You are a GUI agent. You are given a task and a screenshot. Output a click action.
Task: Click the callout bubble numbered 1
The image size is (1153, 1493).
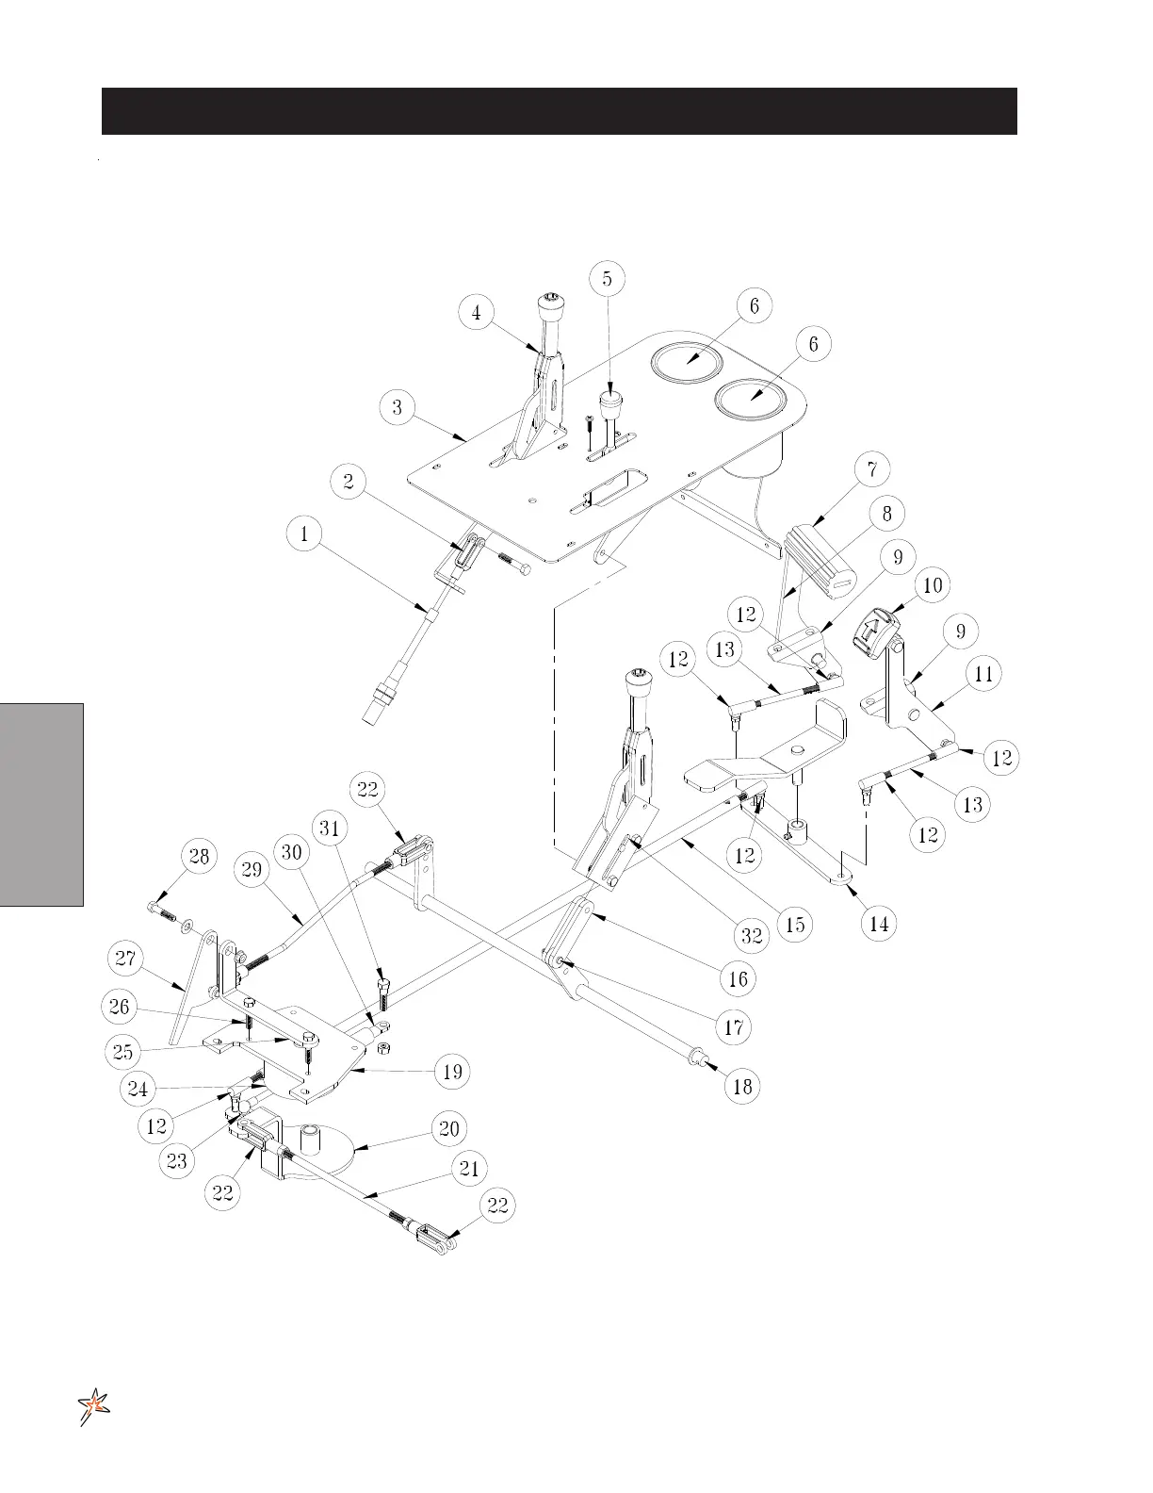[304, 534]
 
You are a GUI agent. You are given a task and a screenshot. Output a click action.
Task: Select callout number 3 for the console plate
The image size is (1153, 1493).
[398, 407]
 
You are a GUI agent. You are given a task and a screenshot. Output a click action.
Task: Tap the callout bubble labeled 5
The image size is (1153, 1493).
[607, 278]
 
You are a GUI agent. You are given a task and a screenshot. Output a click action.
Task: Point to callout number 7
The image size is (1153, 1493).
[873, 468]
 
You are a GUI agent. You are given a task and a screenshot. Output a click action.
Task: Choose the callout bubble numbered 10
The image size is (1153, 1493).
[932, 585]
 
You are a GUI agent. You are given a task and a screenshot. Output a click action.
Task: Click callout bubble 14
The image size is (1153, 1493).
[879, 924]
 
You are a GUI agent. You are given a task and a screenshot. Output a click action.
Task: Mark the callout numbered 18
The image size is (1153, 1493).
[742, 1086]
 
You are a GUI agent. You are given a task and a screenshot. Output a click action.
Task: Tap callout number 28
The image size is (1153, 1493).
[199, 856]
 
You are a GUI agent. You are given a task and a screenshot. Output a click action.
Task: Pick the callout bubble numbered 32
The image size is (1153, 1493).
[751, 937]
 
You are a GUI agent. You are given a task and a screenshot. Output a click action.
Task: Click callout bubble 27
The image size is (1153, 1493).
[126, 960]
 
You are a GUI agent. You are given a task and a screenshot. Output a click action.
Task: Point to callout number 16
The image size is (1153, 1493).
[738, 979]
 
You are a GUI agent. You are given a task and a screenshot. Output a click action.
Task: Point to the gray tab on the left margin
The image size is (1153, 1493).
[42, 803]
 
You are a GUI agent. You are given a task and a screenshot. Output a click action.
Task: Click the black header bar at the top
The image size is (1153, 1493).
[559, 111]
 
